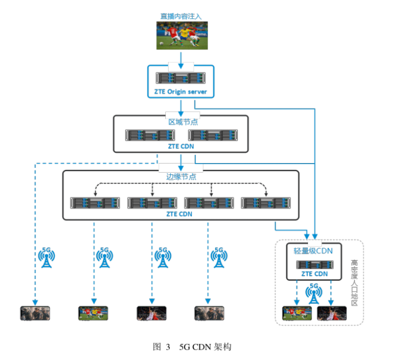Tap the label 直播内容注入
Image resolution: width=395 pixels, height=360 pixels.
[181, 17]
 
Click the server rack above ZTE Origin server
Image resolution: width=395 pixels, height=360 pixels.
[181, 78]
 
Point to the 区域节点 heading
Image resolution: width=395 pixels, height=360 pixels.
[181, 121]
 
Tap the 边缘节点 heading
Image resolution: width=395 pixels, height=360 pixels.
[181, 176]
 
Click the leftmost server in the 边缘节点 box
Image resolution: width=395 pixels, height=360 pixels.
[95, 202]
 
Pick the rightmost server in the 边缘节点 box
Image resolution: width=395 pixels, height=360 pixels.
[265, 202]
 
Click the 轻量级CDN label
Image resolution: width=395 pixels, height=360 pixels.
[313, 250]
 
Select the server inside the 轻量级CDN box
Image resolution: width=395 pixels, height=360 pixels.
[314, 265]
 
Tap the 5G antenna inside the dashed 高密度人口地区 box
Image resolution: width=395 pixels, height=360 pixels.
[314, 293]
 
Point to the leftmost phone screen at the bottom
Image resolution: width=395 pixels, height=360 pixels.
[35, 313]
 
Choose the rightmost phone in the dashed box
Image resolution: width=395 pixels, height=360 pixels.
[331, 313]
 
